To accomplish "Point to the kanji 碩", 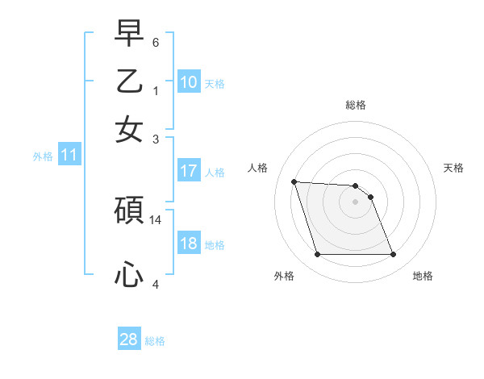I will (129, 211).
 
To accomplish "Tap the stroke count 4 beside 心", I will (156, 284).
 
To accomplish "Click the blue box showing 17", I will (189, 170).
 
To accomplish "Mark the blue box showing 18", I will (189, 244).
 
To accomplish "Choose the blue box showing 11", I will (69, 156).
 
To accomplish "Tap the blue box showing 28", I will (129, 339).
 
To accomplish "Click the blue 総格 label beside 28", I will (155, 341).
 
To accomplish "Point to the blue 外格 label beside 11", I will (43, 157).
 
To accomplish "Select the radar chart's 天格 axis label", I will (454, 168).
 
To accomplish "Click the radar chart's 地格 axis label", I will (423, 276).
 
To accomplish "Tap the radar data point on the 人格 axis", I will (294, 181).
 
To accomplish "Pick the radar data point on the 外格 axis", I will (317, 255).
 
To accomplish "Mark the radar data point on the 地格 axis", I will (393, 255).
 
